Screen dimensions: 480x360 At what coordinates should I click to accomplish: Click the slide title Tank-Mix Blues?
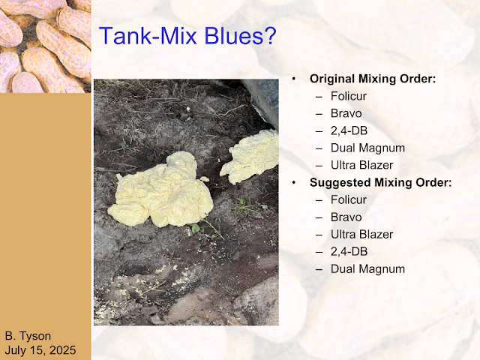[187, 36]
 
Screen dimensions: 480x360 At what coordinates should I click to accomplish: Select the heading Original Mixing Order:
[373, 79]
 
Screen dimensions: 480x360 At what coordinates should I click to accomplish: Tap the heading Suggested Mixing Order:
[380, 182]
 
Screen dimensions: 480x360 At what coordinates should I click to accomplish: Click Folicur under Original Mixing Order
[348, 96]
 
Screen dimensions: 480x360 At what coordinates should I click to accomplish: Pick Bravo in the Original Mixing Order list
[346, 113]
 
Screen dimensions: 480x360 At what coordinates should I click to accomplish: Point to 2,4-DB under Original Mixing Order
[349, 130]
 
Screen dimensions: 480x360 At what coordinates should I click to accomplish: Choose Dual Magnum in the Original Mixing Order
[367, 148]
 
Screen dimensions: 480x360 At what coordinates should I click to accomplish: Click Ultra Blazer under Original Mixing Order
[361, 165]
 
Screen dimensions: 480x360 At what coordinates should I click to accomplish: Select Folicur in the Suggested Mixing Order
[348, 200]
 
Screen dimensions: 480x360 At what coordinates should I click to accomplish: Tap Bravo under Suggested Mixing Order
[346, 217]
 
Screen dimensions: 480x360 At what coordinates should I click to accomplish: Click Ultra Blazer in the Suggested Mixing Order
[361, 235]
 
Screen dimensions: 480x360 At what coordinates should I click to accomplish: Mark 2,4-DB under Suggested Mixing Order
[349, 252]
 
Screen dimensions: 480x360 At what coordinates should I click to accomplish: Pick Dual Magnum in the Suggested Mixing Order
[367, 269]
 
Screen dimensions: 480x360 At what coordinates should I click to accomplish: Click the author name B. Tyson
[28, 336]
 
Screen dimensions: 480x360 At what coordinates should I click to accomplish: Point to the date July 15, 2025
[40, 350]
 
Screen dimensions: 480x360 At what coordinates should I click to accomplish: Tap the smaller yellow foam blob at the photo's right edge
[250, 157]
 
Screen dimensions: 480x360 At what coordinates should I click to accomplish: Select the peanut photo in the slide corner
[45, 46]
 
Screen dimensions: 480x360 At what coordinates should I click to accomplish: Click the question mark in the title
[271, 36]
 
